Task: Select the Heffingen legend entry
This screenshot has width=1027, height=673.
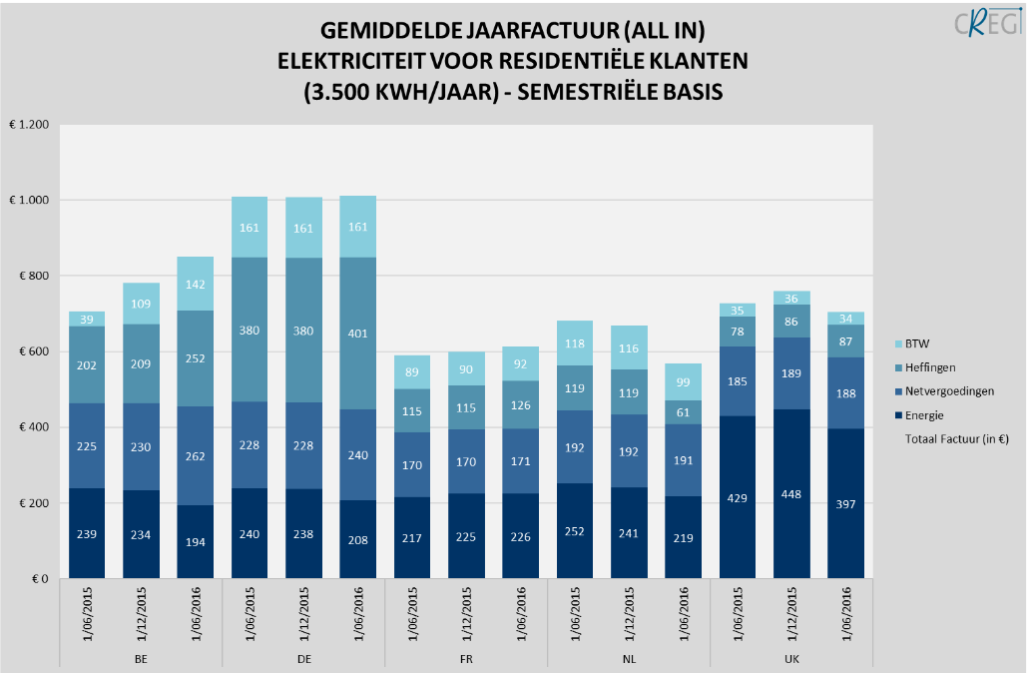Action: (x=928, y=367)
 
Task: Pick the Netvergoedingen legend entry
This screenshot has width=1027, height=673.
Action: (x=944, y=391)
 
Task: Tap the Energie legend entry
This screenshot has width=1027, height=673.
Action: (x=924, y=414)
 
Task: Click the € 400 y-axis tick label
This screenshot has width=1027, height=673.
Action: (x=33, y=427)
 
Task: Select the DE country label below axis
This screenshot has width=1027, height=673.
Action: (x=303, y=659)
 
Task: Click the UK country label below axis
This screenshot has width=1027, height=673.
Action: (x=791, y=659)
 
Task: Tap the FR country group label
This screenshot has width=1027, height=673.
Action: (x=466, y=659)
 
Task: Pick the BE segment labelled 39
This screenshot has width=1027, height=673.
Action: (x=87, y=319)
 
